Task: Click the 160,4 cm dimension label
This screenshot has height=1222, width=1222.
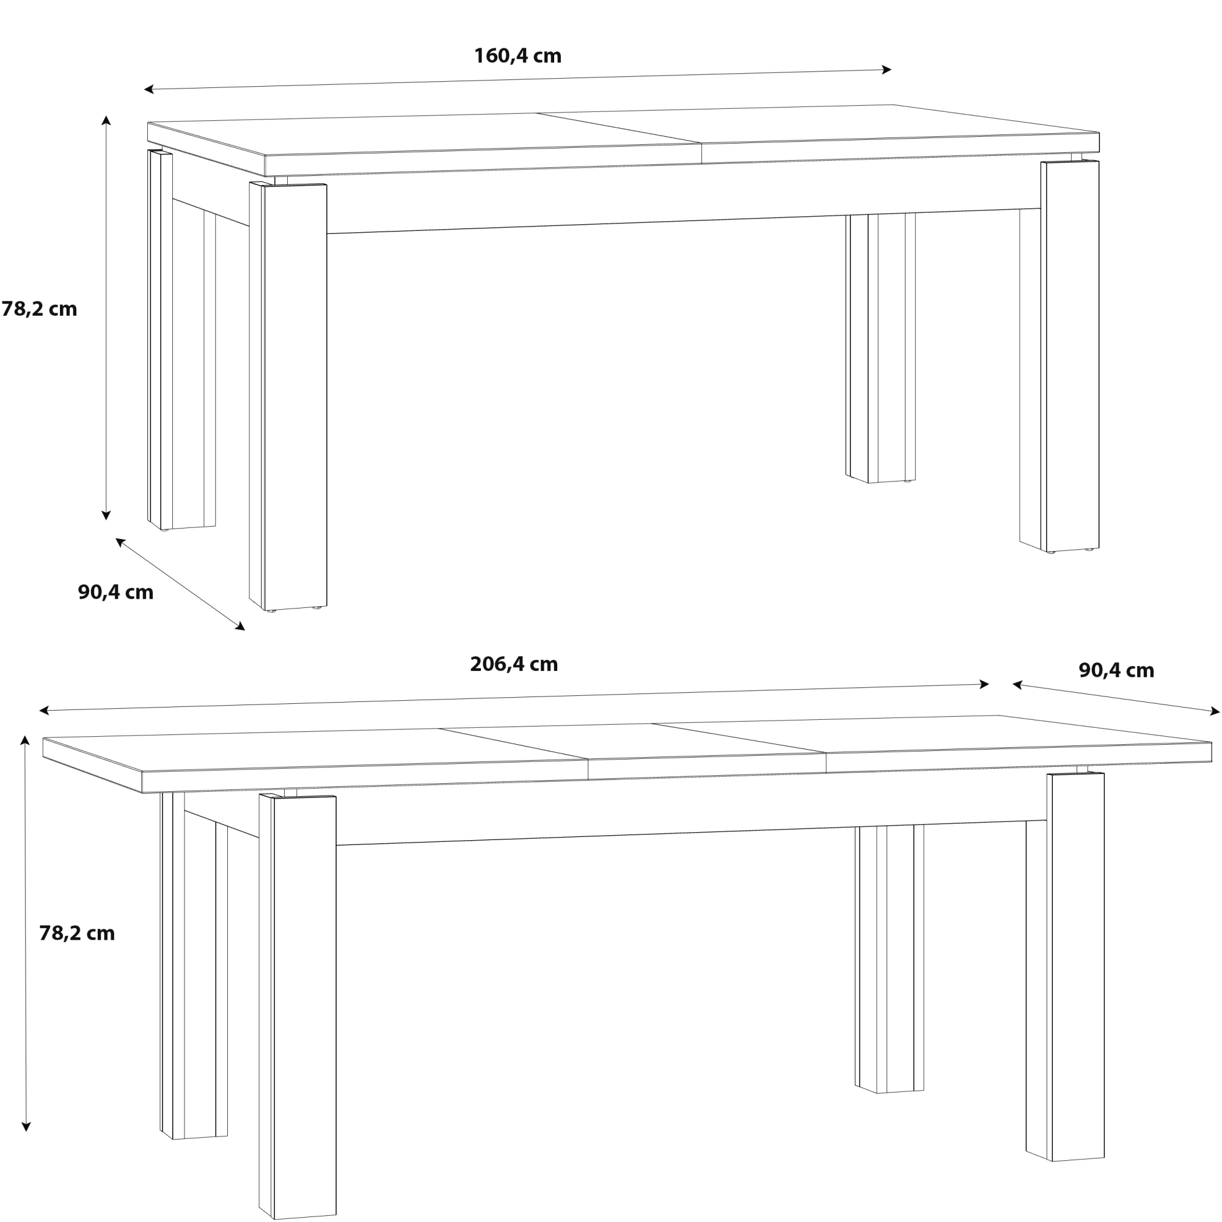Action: tap(518, 56)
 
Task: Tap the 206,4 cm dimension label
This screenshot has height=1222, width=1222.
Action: tap(514, 665)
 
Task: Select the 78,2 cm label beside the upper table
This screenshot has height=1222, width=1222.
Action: tap(39, 309)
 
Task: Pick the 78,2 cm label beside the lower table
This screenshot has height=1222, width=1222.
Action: tap(77, 934)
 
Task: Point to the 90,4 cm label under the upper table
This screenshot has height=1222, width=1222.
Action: tap(115, 593)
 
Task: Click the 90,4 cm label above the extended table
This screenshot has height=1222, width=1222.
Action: tap(1116, 670)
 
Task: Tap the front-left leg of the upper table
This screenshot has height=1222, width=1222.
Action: tap(288, 397)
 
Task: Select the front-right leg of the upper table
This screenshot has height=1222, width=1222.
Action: tap(1059, 356)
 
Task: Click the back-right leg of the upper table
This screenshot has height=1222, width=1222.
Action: tap(880, 348)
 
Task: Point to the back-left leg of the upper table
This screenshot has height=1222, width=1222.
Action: tap(181, 340)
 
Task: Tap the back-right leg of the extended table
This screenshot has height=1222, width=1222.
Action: tap(889, 959)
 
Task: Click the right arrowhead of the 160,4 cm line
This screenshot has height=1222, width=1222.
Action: tap(887, 70)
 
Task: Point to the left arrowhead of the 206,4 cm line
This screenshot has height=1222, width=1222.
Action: tap(44, 711)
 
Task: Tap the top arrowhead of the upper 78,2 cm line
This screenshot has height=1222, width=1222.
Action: tap(106, 120)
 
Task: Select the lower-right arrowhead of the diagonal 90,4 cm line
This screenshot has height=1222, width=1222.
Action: tap(240, 627)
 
